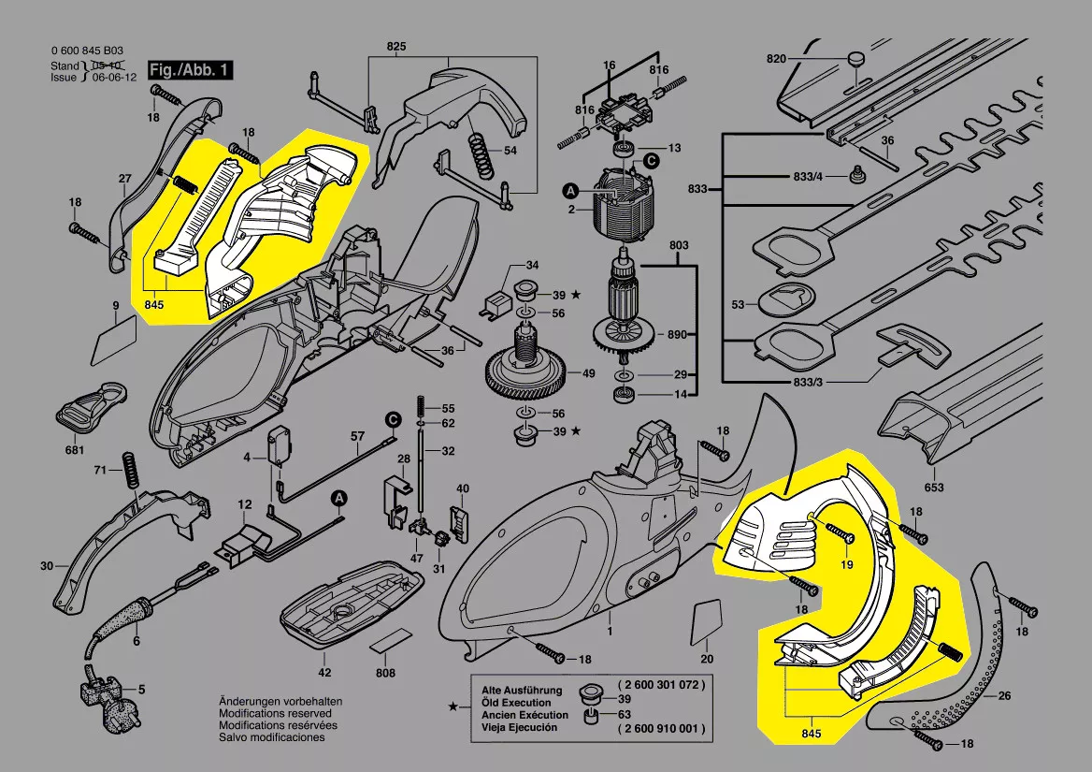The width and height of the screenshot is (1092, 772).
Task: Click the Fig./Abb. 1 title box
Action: click(x=190, y=71)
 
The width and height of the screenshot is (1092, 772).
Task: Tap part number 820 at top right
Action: click(x=777, y=58)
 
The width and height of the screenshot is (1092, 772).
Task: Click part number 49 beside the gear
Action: click(x=588, y=373)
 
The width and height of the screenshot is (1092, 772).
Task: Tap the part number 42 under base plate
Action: click(x=324, y=673)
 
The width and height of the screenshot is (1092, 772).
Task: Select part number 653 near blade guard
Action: click(x=934, y=487)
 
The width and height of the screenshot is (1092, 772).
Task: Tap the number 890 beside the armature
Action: click(x=676, y=335)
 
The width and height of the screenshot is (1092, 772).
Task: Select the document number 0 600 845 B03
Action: click(x=86, y=52)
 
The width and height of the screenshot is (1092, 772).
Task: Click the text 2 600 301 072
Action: click(x=660, y=685)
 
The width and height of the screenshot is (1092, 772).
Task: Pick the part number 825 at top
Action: click(x=396, y=46)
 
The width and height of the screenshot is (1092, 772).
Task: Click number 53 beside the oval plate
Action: click(x=738, y=305)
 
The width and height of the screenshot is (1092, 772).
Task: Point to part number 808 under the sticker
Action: click(x=385, y=673)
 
